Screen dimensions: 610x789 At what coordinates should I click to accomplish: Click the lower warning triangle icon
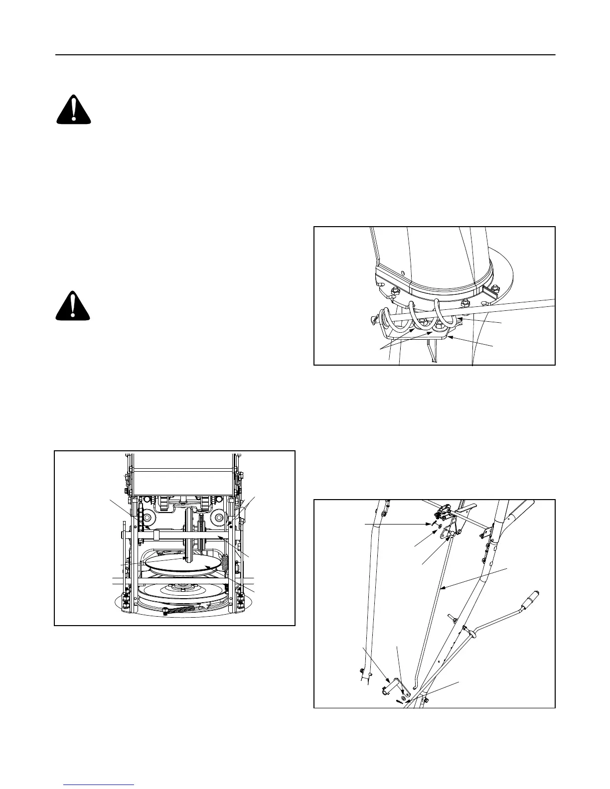[x=73, y=305]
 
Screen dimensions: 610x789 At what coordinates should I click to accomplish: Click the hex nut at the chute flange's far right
[x=495, y=288]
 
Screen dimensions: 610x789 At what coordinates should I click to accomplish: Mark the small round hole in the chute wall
[x=402, y=272]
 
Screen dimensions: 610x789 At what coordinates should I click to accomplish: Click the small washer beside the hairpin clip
[x=440, y=531]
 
